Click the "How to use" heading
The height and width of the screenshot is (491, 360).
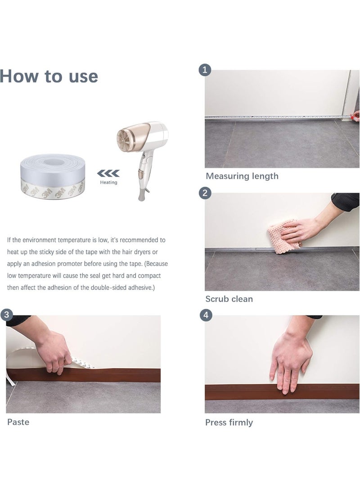(x=49, y=76)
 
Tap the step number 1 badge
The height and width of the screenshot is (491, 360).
(x=205, y=70)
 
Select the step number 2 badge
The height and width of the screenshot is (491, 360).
(x=205, y=193)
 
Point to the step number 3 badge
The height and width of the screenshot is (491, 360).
(x=6, y=315)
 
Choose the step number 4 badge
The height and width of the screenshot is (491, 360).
(x=206, y=315)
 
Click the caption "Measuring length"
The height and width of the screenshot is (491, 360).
(x=242, y=176)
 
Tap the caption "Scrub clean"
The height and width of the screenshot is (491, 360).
(x=229, y=299)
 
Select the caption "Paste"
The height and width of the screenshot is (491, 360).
(x=18, y=422)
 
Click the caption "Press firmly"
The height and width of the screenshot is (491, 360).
(x=229, y=422)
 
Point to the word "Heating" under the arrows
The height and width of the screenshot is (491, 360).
(x=108, y=182)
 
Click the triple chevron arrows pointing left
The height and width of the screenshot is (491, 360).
(x=108, y=173)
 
